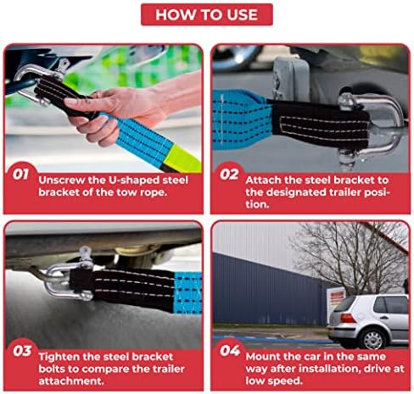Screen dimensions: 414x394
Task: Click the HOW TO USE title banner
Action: pyautogui.click(x=207, y=14)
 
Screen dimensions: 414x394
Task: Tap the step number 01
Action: pyautogui.click(x=20, y=175)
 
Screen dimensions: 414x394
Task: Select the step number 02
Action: pyautogui.click(x=229, y=175)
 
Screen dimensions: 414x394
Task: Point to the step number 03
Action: pyautogui.click(x=22, y=351)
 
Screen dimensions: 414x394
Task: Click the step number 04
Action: pyautogui.click(x=230, y=351)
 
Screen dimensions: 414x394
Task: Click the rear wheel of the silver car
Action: pyautogui.click(x=373, y=338)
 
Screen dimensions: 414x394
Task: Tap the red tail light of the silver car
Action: pyautogui.click(x=348, y=318)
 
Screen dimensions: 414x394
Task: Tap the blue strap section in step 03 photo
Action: pyautogui.click(x=187, y=293)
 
